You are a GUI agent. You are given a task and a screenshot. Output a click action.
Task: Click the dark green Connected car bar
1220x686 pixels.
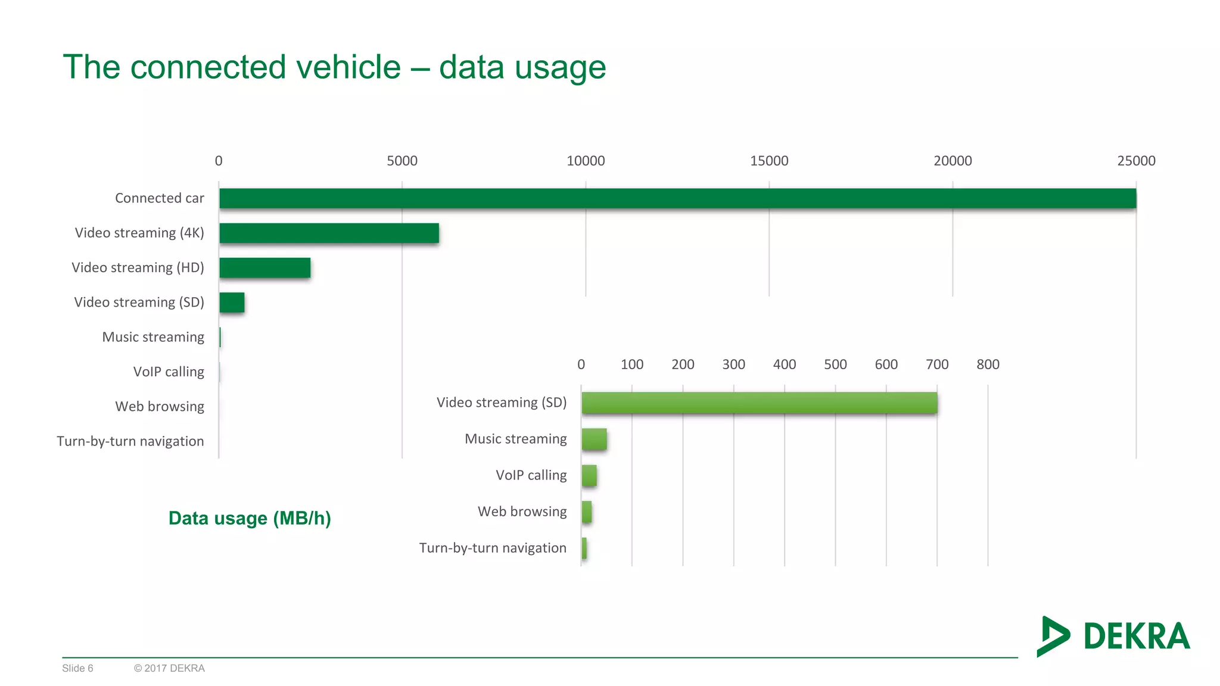coord(677,198)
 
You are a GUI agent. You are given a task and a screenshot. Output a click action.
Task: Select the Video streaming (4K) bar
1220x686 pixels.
coord(329,233)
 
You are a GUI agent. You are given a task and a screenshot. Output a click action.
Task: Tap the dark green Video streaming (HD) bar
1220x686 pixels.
coord(264,267)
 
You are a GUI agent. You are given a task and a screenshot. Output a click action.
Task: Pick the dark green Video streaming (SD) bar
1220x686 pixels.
coord(232,303)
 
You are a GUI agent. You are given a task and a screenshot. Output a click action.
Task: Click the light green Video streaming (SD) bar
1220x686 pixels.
coord(759,403)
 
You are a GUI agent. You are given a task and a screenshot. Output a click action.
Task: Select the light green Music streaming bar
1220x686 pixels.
coord(594,439)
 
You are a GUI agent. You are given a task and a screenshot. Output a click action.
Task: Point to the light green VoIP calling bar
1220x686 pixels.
coord(589,476)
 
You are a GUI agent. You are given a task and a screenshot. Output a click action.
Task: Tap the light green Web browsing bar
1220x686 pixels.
coord(587,512)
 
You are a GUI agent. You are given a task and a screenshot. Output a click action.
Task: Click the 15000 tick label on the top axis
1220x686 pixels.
coord(768,161)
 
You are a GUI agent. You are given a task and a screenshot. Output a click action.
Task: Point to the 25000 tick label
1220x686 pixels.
coord(1135,161)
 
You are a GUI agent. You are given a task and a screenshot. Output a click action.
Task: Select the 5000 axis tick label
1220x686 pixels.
coord(402,161)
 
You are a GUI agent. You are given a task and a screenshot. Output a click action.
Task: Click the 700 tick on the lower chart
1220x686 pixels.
coord(936,364)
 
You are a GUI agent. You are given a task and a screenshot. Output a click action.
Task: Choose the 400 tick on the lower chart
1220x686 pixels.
coord(784,364)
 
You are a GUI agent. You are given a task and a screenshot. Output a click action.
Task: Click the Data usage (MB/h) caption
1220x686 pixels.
coord(250,518)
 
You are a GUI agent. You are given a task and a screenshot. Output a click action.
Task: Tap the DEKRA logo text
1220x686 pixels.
coord(1136,636)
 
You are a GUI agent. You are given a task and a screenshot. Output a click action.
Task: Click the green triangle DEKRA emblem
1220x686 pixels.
coord(1051,636)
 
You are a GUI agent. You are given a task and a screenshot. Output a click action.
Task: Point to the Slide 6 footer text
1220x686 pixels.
coord(77,668)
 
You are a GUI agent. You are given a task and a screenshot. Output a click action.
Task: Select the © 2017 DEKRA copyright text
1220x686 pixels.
coord(169,668)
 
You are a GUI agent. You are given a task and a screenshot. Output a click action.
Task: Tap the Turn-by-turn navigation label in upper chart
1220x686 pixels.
coord(130,441)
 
